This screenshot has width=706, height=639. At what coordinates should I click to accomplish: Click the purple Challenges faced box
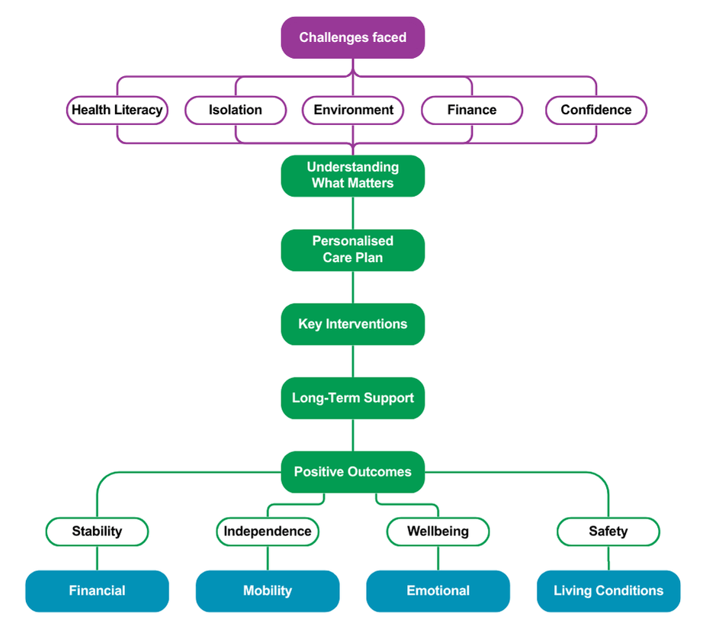pos(352,37)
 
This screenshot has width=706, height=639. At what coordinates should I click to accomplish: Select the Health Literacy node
pos(117,110)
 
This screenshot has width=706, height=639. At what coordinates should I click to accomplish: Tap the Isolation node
pos(236,110)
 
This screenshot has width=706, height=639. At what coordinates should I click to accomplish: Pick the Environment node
pos(353,110)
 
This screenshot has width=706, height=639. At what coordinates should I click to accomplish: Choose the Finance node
pos(472,110)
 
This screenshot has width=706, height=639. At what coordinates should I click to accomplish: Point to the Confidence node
pos(595,110)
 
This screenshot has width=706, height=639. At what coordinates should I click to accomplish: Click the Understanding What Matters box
pos(352,175)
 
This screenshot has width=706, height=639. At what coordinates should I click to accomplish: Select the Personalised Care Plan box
pos(352,249)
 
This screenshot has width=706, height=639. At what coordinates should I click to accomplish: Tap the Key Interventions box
pos(352,324)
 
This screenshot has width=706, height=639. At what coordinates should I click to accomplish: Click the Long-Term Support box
pos(352,398)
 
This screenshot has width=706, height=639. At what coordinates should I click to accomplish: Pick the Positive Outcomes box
pos(352,472)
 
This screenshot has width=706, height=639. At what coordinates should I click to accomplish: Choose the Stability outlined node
pos(97,531)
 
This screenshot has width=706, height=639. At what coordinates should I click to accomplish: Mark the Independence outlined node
pos(267,531)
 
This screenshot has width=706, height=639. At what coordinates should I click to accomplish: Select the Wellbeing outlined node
pos(438,531)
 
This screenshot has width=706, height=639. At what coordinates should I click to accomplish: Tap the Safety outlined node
pos(608,531)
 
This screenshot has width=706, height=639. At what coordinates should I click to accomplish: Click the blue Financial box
pos(97,591)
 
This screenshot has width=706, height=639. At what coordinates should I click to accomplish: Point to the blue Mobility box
pos(267,591)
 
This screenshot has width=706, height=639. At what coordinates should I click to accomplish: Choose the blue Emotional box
pos(438,591)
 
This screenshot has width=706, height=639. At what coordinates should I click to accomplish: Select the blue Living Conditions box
pos(608,591)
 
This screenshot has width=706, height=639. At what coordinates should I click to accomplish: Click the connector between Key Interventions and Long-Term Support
pos(353,361)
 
